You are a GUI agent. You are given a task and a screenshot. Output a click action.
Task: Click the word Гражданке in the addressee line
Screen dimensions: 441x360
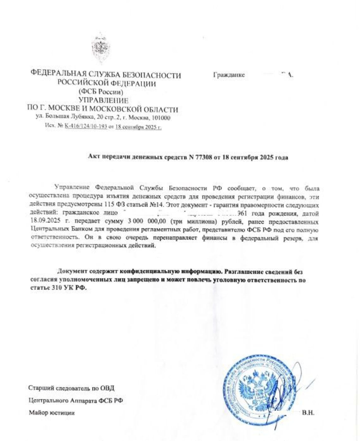point(229,75)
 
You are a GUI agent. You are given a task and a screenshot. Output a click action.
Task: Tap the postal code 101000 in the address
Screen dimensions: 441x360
point(161,118)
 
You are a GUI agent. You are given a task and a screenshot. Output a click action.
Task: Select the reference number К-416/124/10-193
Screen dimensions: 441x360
point(86,127)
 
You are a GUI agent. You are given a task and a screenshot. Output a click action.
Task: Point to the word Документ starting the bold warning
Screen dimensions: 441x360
point(73,272)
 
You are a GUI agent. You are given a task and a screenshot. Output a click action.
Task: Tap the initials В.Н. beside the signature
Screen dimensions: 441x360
point(308,413)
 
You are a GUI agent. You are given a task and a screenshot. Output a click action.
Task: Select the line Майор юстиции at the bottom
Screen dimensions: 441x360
point(52,413)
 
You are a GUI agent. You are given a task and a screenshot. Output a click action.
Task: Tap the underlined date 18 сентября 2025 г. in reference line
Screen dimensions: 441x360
point(139,127)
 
